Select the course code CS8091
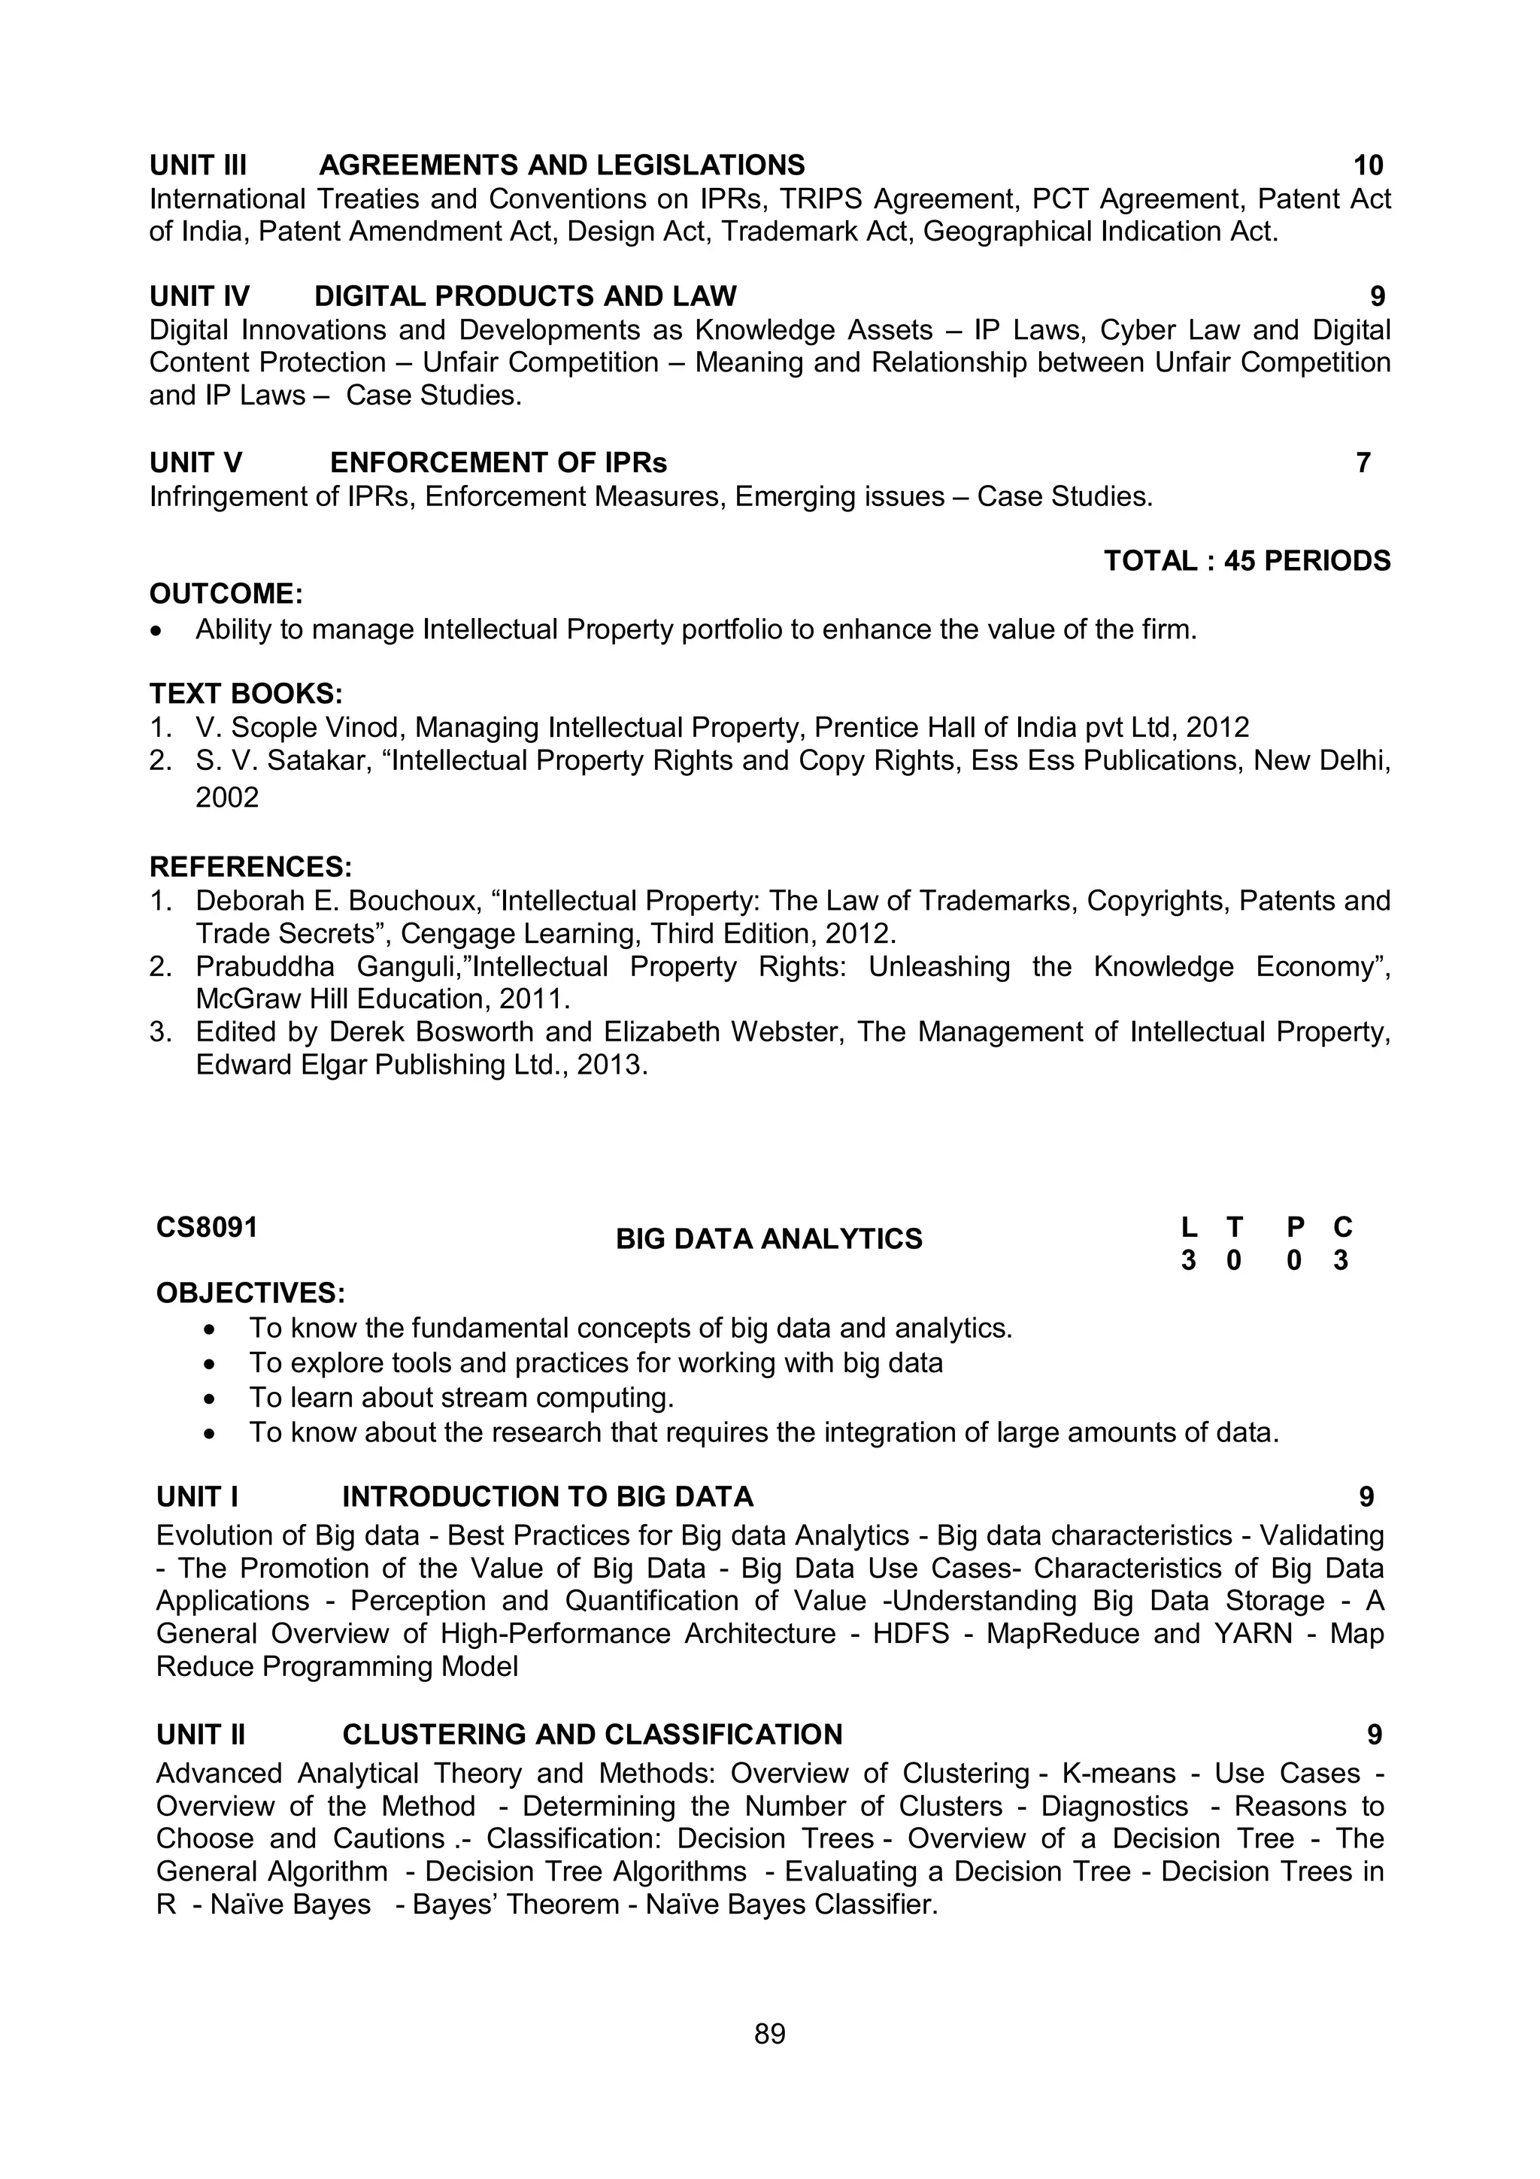207,1227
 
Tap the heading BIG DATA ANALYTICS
768,1238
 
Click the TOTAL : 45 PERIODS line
1247,561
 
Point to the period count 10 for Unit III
1367,165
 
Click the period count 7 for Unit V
1363,463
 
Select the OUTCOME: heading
226,594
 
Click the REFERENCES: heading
250,866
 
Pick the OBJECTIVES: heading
250,1293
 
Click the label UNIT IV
199,296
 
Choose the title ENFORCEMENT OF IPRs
498,463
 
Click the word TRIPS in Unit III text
821,199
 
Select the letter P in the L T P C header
1295,1227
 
